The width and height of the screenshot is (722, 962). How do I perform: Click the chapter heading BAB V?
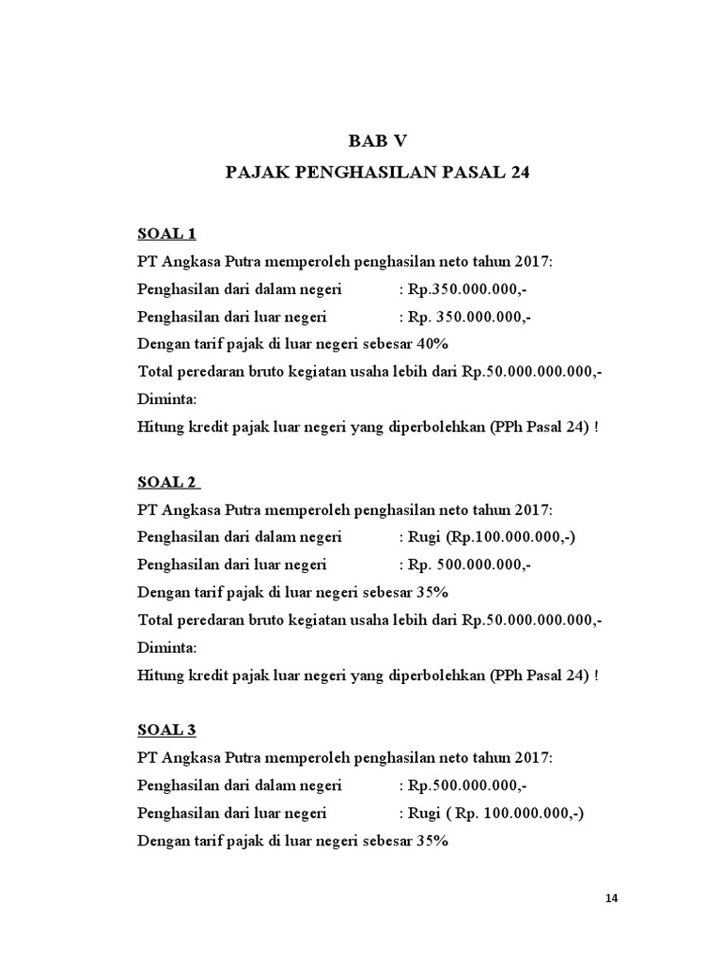click(x=379, y=141)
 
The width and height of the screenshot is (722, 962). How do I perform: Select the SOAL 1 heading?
click(x=166, y=233)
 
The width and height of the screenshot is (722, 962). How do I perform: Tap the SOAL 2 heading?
click(x=166, y=482)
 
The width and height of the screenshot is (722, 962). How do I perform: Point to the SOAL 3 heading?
click(x=166, y=730)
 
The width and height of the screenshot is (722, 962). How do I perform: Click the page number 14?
click(x=612, y=898)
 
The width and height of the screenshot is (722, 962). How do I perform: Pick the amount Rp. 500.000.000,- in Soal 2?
click(x=469, y=565)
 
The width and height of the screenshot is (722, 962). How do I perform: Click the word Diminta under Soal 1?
click(x=167, y=399)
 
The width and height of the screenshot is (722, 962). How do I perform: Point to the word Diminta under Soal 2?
click(x=167, y=647)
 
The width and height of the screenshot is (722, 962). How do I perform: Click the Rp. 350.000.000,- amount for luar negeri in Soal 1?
click(x=469, y=317)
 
